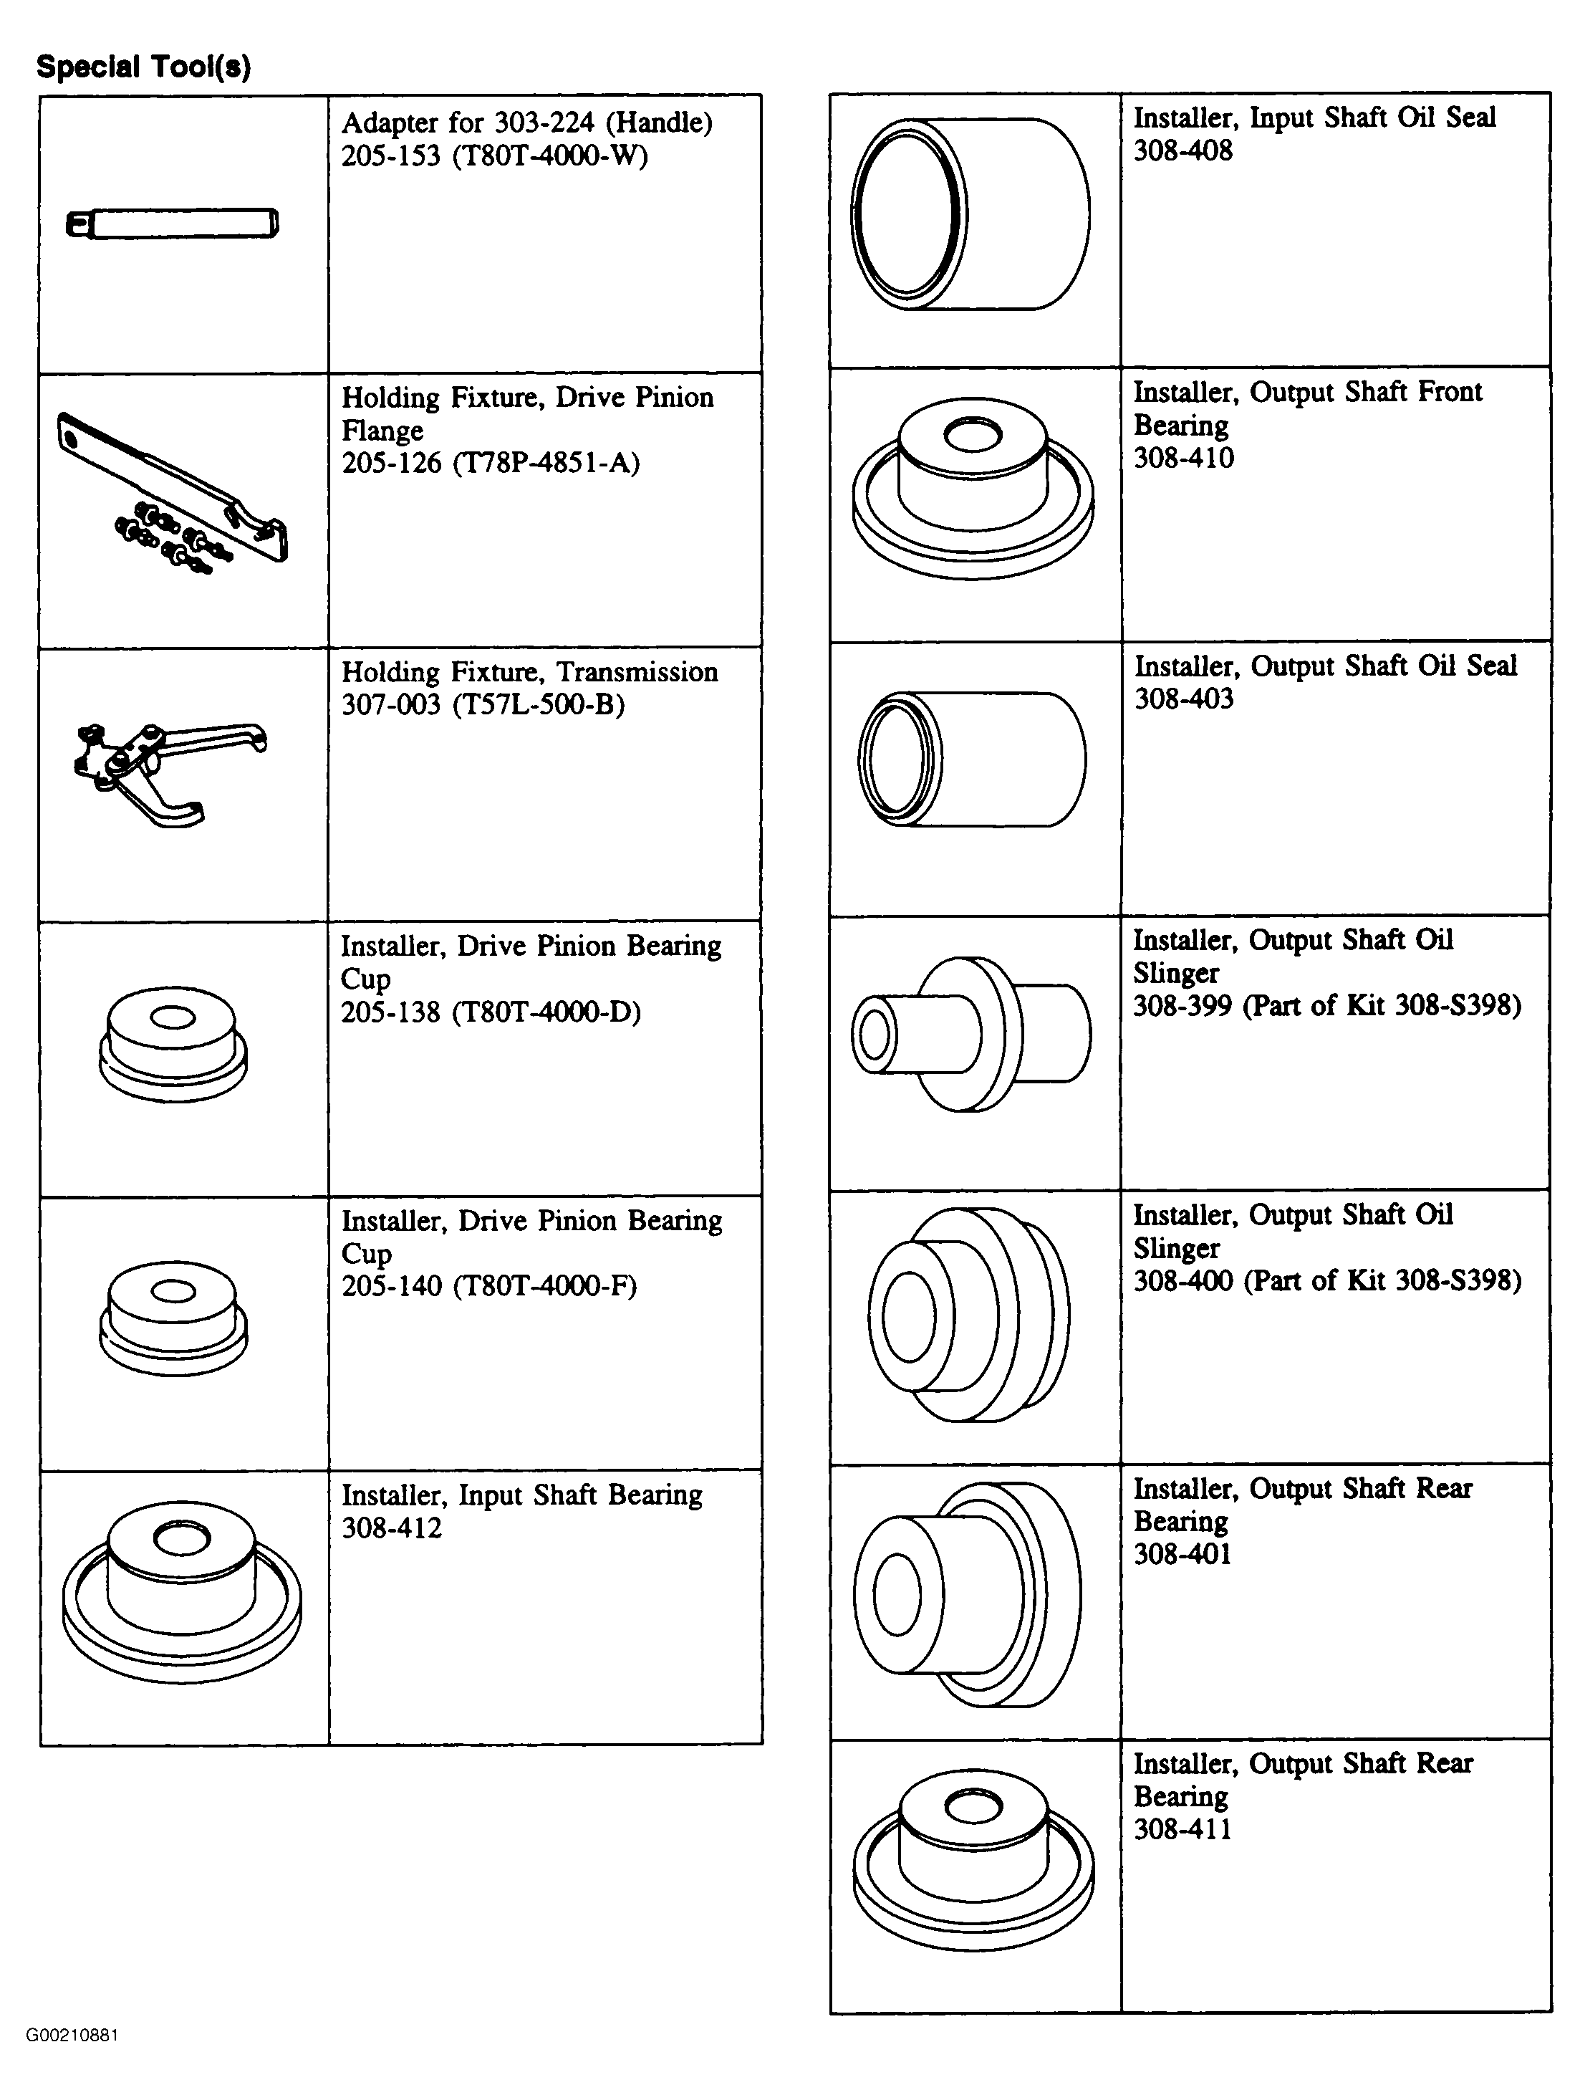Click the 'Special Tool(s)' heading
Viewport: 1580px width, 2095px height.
[143, 67]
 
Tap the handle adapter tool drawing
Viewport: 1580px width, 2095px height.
[173, 224]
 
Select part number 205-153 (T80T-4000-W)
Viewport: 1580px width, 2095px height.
[494, 156]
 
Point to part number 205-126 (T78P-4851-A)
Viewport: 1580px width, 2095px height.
[491, 463]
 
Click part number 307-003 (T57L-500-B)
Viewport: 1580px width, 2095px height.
[483, 704]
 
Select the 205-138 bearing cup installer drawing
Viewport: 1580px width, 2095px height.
[173, 1045]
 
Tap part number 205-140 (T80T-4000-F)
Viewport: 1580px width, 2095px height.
[489, 1286]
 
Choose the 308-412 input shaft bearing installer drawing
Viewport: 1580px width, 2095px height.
[182, 1592]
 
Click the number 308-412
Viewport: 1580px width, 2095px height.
[391, 1528]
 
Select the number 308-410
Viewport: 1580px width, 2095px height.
[1183, 459]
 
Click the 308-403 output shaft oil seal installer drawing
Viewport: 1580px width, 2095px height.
[972, 759]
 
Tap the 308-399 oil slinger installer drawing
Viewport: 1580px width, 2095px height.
[971, 1033]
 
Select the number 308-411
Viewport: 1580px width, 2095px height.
[1183, 1829]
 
